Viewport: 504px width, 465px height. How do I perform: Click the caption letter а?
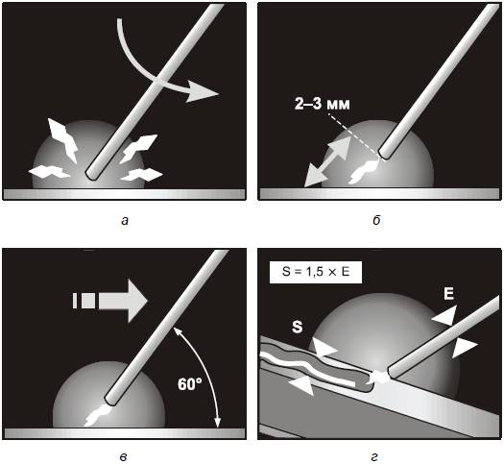(x=125, y=221)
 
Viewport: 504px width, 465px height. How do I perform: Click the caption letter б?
(x=376, y=220)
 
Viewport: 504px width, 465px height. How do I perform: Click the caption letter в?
(x=124, y=457)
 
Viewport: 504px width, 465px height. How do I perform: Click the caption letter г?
(x=374, y=456)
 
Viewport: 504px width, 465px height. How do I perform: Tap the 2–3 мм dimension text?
(x=322, y=104)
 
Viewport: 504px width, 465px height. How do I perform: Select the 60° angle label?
(x=190, y=384)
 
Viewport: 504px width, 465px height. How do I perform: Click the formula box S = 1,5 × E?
(x=316, y=272)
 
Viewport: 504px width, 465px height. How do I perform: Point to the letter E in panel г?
(x=448, y=294)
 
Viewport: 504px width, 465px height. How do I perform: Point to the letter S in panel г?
(x=298, y=327)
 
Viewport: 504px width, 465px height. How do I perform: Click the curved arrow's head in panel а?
(x=202, y=92)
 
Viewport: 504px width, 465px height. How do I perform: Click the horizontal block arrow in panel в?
(x=110, y=301)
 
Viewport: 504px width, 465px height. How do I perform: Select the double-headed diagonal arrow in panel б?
(x=327, y=161)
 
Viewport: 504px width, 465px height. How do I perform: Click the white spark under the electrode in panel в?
(x=98, y=415)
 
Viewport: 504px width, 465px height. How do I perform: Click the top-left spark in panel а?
(x=63, y=139)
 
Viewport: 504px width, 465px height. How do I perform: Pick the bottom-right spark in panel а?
(x=141, y=175)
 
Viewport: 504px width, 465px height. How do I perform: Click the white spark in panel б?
(x=363, y=172)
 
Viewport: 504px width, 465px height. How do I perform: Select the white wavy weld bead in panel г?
(x=307, y=367)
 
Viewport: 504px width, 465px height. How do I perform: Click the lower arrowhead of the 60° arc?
(x=217, y=423)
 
